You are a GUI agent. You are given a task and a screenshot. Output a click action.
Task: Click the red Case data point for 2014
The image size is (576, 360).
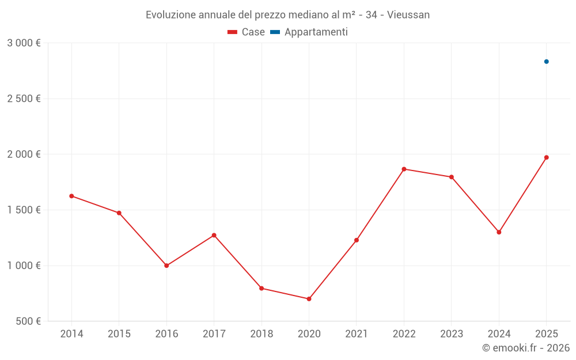(x=71, y=196)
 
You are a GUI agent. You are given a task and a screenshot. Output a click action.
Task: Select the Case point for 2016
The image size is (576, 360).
(x=166, y=266)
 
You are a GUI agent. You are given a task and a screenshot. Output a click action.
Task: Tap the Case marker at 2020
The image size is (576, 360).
(x=309, y=299)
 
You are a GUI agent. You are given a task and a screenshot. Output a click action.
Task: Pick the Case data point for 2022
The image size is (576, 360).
(x=404, y=169)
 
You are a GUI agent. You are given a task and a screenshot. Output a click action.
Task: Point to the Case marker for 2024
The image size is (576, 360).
(x=499, y=232)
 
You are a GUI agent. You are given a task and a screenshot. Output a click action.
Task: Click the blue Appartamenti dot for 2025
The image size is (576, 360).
(x=547, y=62)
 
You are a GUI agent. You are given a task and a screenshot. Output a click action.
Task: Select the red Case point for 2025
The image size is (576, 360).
(x=547, y=157)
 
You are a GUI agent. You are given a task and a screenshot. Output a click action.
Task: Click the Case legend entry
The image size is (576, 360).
(x=247, y=32)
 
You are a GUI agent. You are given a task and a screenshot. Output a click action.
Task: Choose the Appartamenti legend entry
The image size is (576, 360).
(x=309, y=32)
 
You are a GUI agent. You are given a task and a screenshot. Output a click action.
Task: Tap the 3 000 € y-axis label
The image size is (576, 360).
(x=24, y=43)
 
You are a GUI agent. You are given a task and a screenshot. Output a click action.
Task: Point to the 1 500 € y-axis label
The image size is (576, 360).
(x=24, y=210)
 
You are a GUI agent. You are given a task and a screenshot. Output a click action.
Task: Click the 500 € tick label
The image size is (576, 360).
(x=27, y=321)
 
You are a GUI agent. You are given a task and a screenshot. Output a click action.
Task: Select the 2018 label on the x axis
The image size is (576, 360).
(x=262, y=334)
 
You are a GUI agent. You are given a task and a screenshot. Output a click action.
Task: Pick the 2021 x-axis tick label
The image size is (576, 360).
(x=357, y=334)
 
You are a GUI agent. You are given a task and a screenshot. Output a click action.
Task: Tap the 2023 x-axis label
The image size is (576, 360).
(x=452, y=334)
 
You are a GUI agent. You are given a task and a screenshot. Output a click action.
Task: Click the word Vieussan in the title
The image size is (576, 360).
(x=408, y=15)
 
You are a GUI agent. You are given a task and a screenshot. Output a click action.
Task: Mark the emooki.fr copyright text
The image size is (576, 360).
(x=526, y=348)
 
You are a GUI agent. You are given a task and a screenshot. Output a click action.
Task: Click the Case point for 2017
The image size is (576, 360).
(x=214, y=235)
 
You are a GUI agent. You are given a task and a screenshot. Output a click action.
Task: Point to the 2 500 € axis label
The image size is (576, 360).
(x=24, y=98)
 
